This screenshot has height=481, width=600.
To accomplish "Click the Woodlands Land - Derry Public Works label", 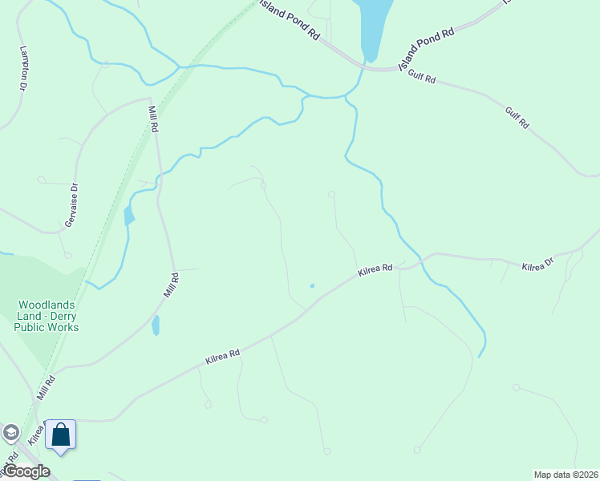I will pyautogui.click(x=49, y=316).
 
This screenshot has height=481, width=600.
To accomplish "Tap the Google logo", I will pyautogui.click(x=26, y=471).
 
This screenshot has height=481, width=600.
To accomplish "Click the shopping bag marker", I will pyautogui.click(x=60, y=435).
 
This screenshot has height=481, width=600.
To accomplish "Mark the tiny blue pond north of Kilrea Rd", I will pyautogui.click(x=312, y=285).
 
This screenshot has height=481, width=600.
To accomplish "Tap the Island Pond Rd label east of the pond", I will pyautogui.click(x=427, y=46).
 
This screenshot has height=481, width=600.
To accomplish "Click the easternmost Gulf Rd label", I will pyautogui.click(x=517, y=117).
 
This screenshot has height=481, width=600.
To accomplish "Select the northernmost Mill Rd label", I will pyautogui.click(x=154, y=119).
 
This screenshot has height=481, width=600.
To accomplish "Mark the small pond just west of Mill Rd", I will pyautogui.click(x=128, y=215).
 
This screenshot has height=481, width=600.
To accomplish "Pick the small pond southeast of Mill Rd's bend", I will pyautogui.click(x=156, y=325).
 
